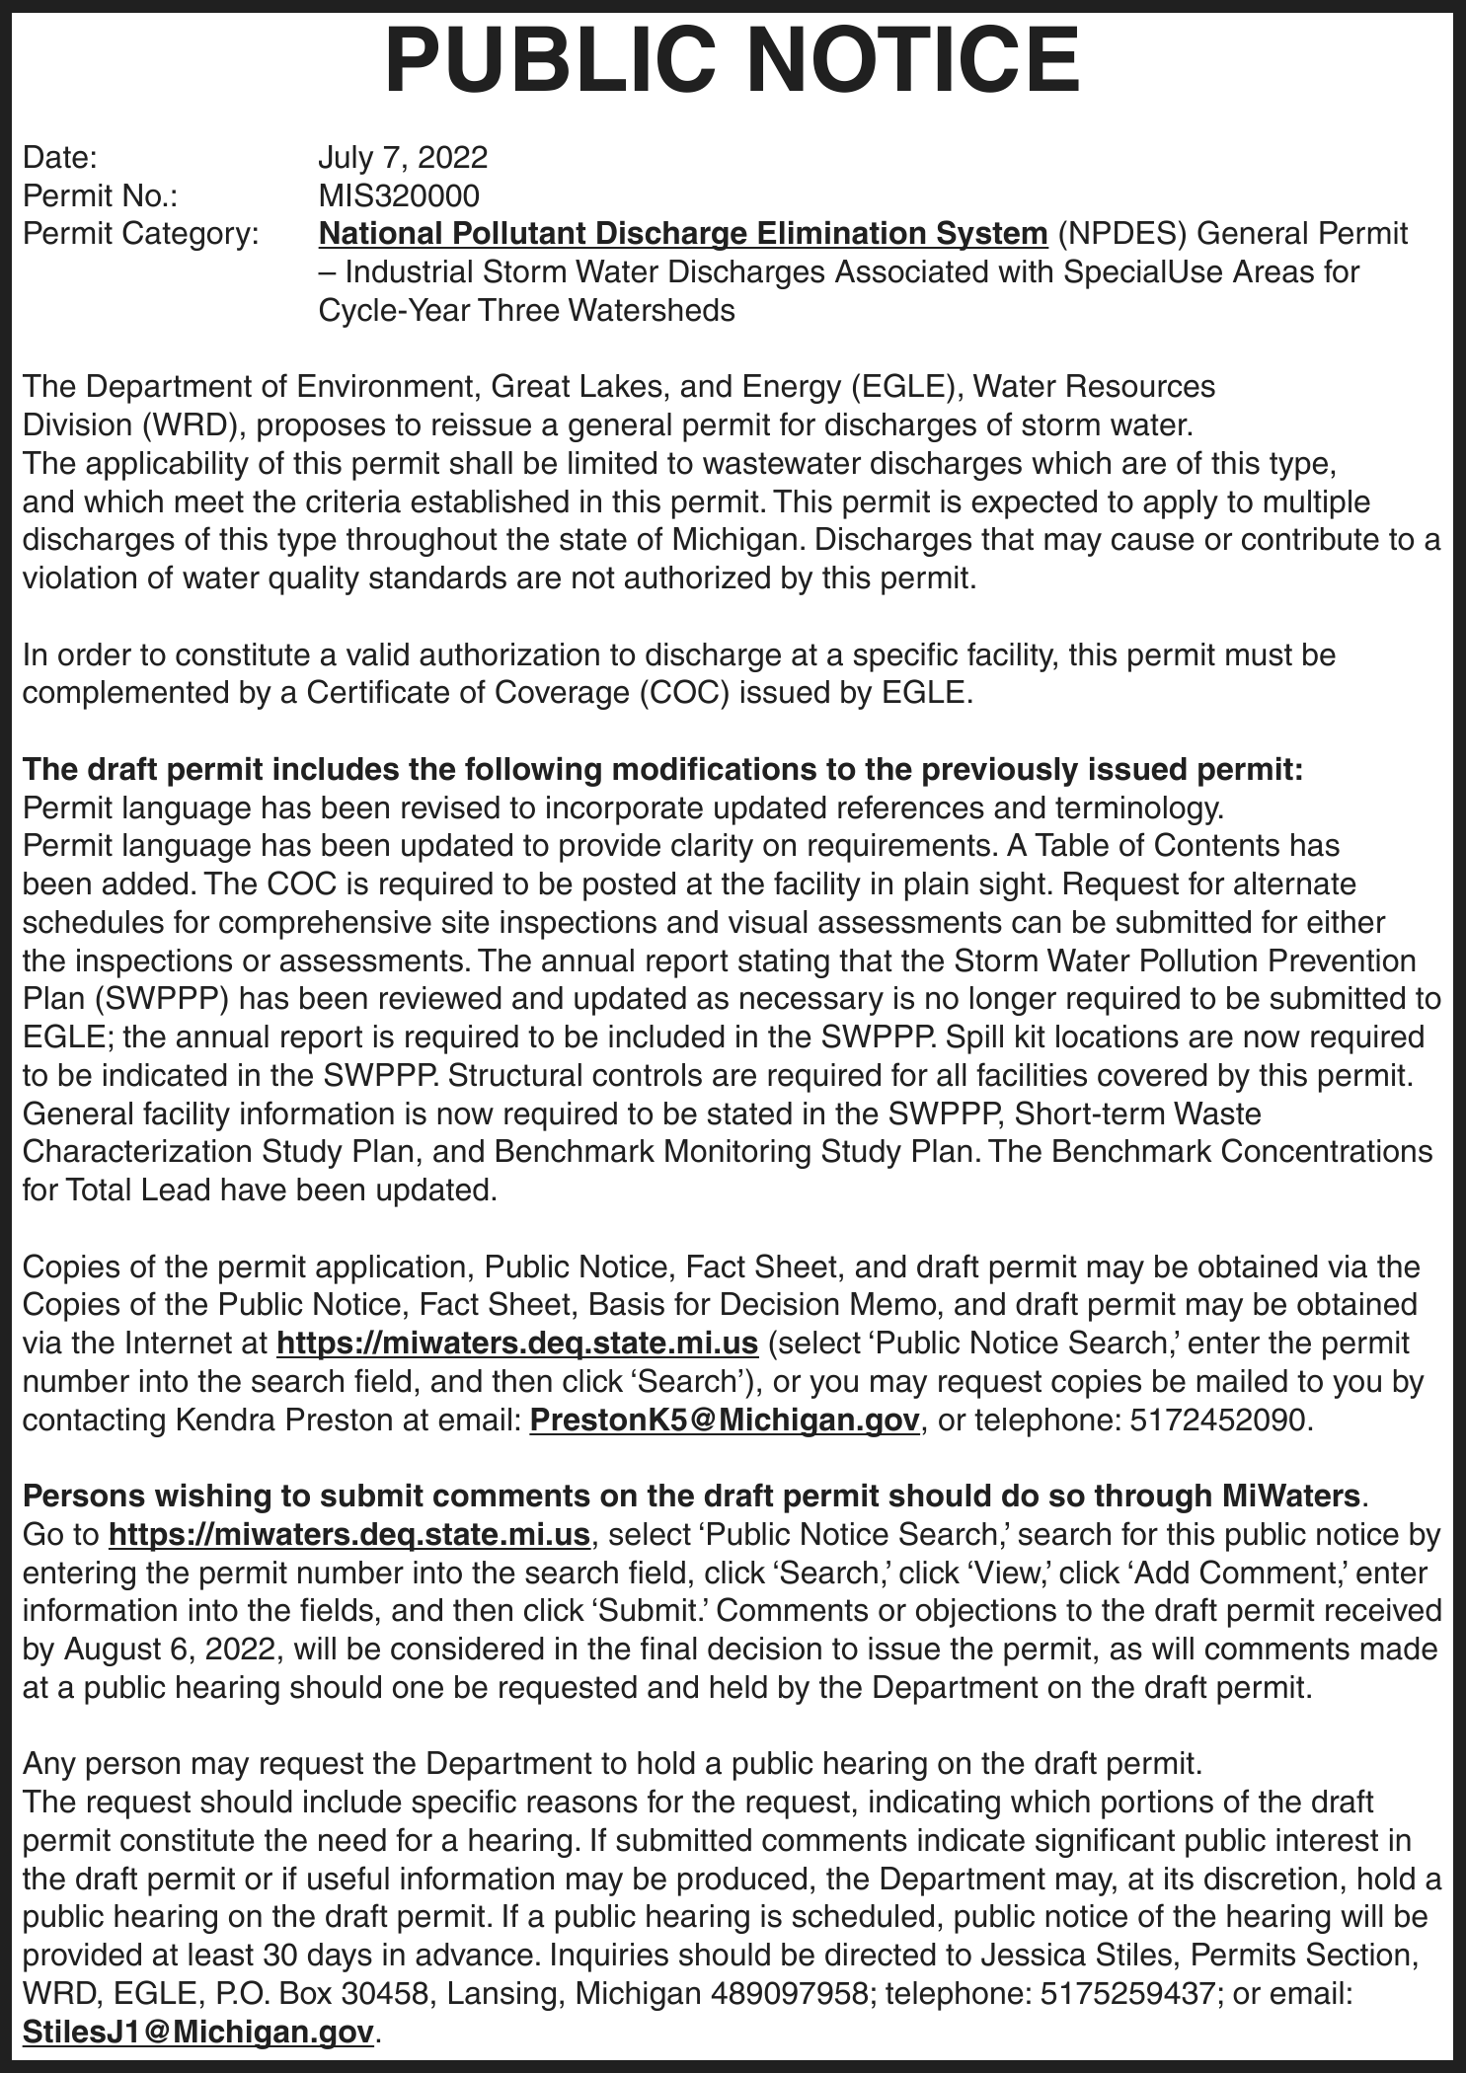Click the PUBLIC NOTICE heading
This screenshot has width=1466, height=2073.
tap(733, 61)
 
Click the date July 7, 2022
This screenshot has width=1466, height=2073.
tap(403, 158)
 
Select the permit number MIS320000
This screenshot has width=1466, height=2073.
tap(399, 195)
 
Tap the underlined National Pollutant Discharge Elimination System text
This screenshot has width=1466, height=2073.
tap(682, 234)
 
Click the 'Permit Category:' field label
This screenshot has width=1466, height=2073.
tap(140, 234)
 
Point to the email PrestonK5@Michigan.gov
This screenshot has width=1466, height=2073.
tap(725, 1420)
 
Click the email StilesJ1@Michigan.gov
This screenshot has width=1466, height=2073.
tap(198, 2032)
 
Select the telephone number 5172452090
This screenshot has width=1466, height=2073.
tap(1218, 1420)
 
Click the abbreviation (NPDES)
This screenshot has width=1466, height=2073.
tap(1122, 234)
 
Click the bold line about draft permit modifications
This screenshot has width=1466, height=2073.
tap(662, 769)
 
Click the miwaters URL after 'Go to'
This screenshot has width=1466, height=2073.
tap(348, 1535)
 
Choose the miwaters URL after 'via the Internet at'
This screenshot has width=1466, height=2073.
tap(517, 1344)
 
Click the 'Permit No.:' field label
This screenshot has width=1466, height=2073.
tap(100, 195)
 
